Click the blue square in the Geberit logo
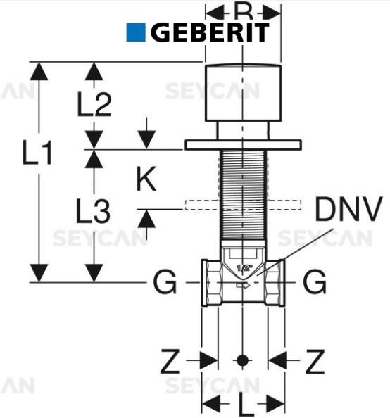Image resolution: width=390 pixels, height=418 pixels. coord(135,32)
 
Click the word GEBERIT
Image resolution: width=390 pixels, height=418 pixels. coord(209,32)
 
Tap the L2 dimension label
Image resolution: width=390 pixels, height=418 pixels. coord(94,105)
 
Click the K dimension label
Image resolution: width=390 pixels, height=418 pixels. coord(146,179)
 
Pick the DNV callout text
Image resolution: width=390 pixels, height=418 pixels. coord(348,209)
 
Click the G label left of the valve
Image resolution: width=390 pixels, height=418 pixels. coord(164,283)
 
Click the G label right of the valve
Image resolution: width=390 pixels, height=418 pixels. coord(315,283)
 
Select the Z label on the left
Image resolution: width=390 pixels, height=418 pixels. coord(170,362)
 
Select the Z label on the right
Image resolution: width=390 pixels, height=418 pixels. coord(315,362)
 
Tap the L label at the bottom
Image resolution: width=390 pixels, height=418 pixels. coord(243,406)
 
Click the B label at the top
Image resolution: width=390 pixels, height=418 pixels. coord(243,11)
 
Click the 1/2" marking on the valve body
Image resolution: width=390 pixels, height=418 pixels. coord(244,268)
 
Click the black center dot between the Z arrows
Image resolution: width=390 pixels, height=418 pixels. coord(243,360)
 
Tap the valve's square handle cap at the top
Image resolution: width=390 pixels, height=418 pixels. coord(243,91)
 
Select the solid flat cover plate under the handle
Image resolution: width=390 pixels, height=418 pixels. coord(243,145)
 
